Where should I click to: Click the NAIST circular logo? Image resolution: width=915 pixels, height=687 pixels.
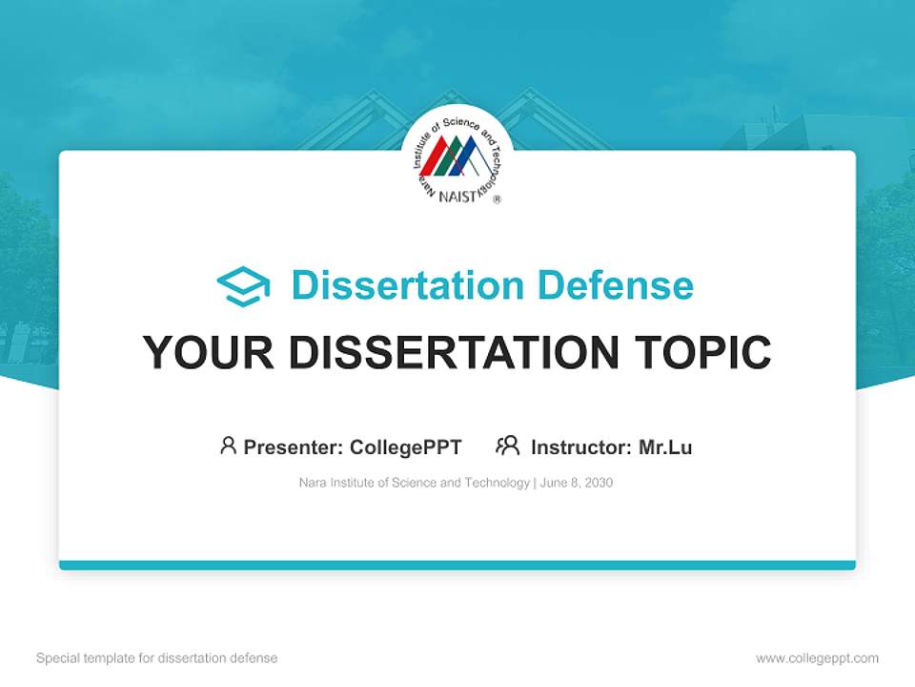[x=457, y=157]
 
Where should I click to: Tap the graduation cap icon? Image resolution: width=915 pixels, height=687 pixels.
[x=243, y=286]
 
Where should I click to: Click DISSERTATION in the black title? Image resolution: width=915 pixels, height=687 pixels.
[x=453, y=352]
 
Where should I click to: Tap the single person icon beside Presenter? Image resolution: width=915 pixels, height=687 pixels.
[x=228, y=446]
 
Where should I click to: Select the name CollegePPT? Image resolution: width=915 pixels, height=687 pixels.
[x=406, y=447]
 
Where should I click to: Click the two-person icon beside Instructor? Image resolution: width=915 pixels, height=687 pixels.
[x=507, y=446]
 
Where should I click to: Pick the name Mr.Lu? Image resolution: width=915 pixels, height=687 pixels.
[x=665, y=447]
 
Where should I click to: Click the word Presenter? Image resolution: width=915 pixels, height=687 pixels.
[x=294, y=447]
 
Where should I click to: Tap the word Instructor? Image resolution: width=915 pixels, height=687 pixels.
[x=581, y=447]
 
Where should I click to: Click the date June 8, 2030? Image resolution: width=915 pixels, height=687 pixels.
[x=576, y=483]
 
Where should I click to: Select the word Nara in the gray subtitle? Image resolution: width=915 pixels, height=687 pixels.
[x=312, y=483]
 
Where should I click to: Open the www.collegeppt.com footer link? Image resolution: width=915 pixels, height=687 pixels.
[x=817, y=658]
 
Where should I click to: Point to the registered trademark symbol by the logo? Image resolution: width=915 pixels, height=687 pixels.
[x=497, y=199]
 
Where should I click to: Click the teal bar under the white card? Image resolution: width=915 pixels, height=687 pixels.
[x=457, y=565]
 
